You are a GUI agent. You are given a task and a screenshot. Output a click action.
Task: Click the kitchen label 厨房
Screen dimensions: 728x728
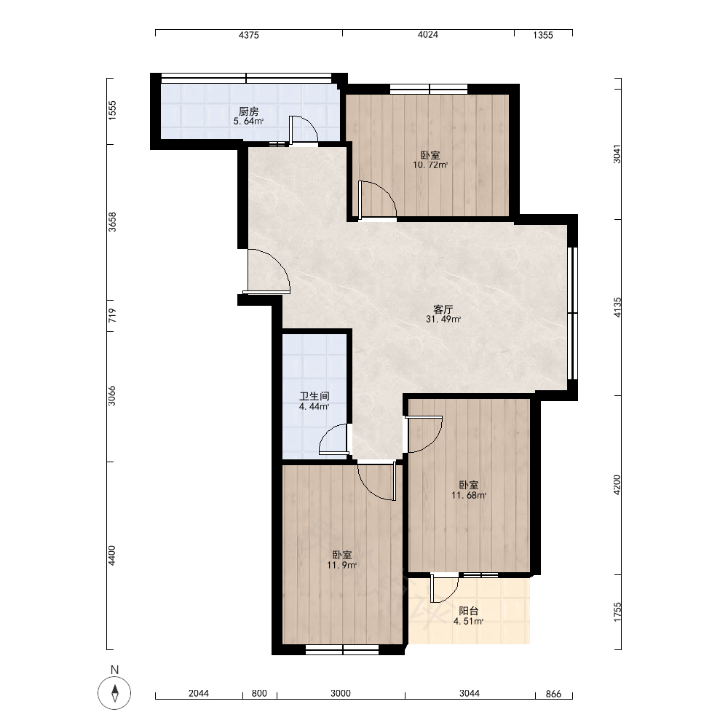pyautogui.click(x=248, y=111)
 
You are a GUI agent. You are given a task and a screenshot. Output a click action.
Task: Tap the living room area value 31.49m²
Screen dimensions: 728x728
pyautogui.click(x=443, y=320)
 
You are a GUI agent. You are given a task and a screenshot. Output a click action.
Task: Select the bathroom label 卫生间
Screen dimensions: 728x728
pyautogui.click(x=314, y=396)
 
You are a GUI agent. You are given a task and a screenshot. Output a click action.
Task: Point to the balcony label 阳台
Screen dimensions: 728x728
pyautogui.click(x=468, y=611)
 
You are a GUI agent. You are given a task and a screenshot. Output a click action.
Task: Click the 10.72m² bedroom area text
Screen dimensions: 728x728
pyautogui.click(x=430, y=165)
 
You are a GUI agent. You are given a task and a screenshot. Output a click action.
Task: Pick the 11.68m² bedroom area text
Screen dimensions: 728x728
pyautogui.click(x=469, y=495)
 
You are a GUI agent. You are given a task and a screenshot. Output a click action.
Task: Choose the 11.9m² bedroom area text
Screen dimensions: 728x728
pyautogui.click(x=341, y=566)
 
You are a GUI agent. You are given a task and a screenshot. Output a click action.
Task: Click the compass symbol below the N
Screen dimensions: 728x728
pyautogui.click(x=114, y=693)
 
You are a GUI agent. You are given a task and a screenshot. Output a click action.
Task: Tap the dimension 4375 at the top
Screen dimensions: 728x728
pyautogui.click(x=249, y=35)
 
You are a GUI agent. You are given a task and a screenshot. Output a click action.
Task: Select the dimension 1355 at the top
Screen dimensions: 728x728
pyautogui.click(x=543, y=35)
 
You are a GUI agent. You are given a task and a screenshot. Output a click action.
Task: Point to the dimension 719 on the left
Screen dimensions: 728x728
pyautogui.click(x=112, y=316)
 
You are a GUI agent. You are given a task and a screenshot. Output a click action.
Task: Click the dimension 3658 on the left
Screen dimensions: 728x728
pyautogui.click(x=112, y=222)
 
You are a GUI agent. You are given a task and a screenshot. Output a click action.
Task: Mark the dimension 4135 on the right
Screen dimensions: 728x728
pyautogui.click(x=617, y=307)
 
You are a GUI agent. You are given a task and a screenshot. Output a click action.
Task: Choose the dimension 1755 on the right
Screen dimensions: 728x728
pyautogui.click(x=617, y=612)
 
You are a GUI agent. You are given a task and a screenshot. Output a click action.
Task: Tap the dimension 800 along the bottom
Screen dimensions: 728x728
pyautogui.click(x=259, y=694)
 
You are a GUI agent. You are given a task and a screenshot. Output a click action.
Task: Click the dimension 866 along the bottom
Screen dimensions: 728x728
pyautogui.click(x=553, y=694)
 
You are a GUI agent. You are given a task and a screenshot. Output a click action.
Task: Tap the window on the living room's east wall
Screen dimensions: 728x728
pyautogui.click(x=573, y=313)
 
